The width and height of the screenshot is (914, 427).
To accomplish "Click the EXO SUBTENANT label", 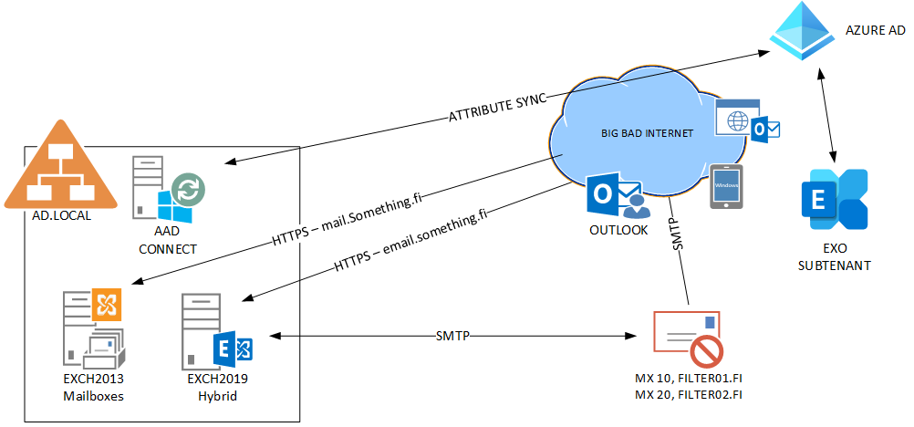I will pyautogui.click(x=834, y=257).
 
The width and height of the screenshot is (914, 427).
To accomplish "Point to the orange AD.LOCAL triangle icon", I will pyautogui.click(x=61, y=167).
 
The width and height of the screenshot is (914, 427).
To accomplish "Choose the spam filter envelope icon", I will pyautogui.click(x=688, y=338).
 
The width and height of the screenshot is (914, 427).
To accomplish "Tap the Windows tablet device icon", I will pyautogui.click(x=726, y=187).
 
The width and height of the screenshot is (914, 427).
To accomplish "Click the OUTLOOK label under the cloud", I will pyautogui.click(x=618, y=230).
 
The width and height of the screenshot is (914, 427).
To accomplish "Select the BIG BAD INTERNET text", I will pyautogui.click(x=647, y=133).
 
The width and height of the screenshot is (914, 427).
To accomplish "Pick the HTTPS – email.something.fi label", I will pyautogui.click(x=410, y=239).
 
